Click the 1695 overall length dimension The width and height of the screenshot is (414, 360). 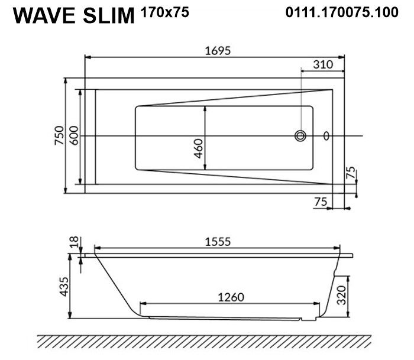pos(218,50)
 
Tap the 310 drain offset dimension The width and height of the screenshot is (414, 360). pos(323,64)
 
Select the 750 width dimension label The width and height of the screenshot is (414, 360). pos(59,135)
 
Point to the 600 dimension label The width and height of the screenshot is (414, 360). pos(75,135)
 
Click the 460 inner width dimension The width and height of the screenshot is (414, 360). pos(198,148)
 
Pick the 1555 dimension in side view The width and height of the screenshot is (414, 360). pos(218,242)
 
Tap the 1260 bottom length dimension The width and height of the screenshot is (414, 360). pos(231,297)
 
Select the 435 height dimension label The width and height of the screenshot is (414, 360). pos(64,287)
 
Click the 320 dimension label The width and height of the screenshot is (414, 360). pos(342,295)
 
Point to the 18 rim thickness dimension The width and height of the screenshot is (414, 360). pos(75,242)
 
